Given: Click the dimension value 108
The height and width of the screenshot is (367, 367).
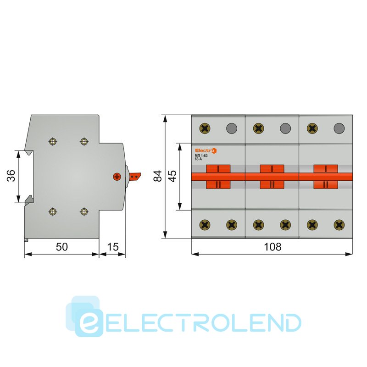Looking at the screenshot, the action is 272,247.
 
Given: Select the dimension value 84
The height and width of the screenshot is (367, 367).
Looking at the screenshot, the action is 158,176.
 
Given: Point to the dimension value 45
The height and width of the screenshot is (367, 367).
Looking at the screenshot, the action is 172,176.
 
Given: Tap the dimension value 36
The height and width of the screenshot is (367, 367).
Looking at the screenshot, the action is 11,176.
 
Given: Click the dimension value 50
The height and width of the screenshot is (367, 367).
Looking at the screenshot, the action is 62,247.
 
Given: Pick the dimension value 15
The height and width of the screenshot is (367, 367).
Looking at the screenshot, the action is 112,247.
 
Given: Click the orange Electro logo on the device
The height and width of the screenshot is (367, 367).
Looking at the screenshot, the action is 206,150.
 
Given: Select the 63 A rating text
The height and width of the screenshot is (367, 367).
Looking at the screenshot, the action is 198,159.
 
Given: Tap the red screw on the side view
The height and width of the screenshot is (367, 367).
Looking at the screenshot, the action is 117,177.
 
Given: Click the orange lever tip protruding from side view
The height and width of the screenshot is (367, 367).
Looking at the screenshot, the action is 135,176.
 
